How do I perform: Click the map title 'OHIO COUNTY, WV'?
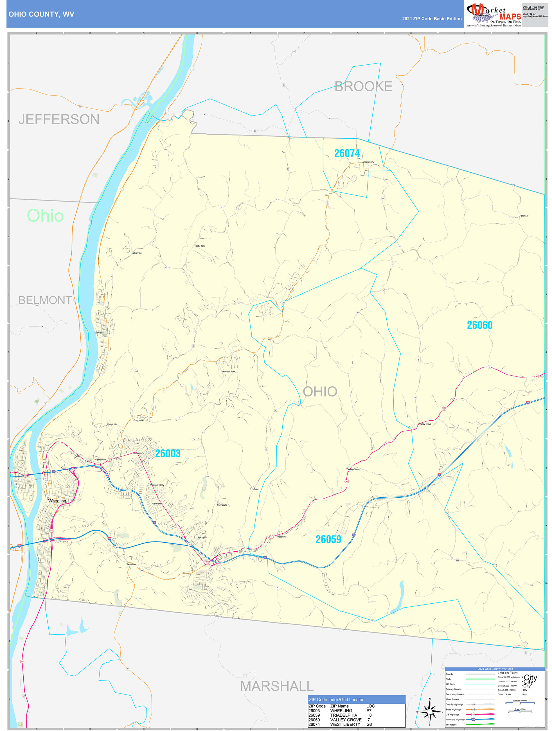(x=41, y=14)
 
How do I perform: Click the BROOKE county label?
(x=363, y=87)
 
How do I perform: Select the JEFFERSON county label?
(x=59, y=119)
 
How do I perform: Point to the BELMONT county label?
(x=45, y=300)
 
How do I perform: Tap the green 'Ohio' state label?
(x=45, y=216)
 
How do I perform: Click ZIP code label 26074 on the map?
(x=347, y=153)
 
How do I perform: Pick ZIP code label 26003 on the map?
(x=168, y=454)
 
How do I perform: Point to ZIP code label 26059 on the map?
(x=328, y=539)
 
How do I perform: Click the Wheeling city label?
(x=57, y=501)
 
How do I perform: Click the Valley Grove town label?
(x=425, y=424)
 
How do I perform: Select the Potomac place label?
(x=524, y=216)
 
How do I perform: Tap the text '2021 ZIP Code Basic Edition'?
(x=432, y=19)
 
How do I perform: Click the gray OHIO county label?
(x=320, y=392)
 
